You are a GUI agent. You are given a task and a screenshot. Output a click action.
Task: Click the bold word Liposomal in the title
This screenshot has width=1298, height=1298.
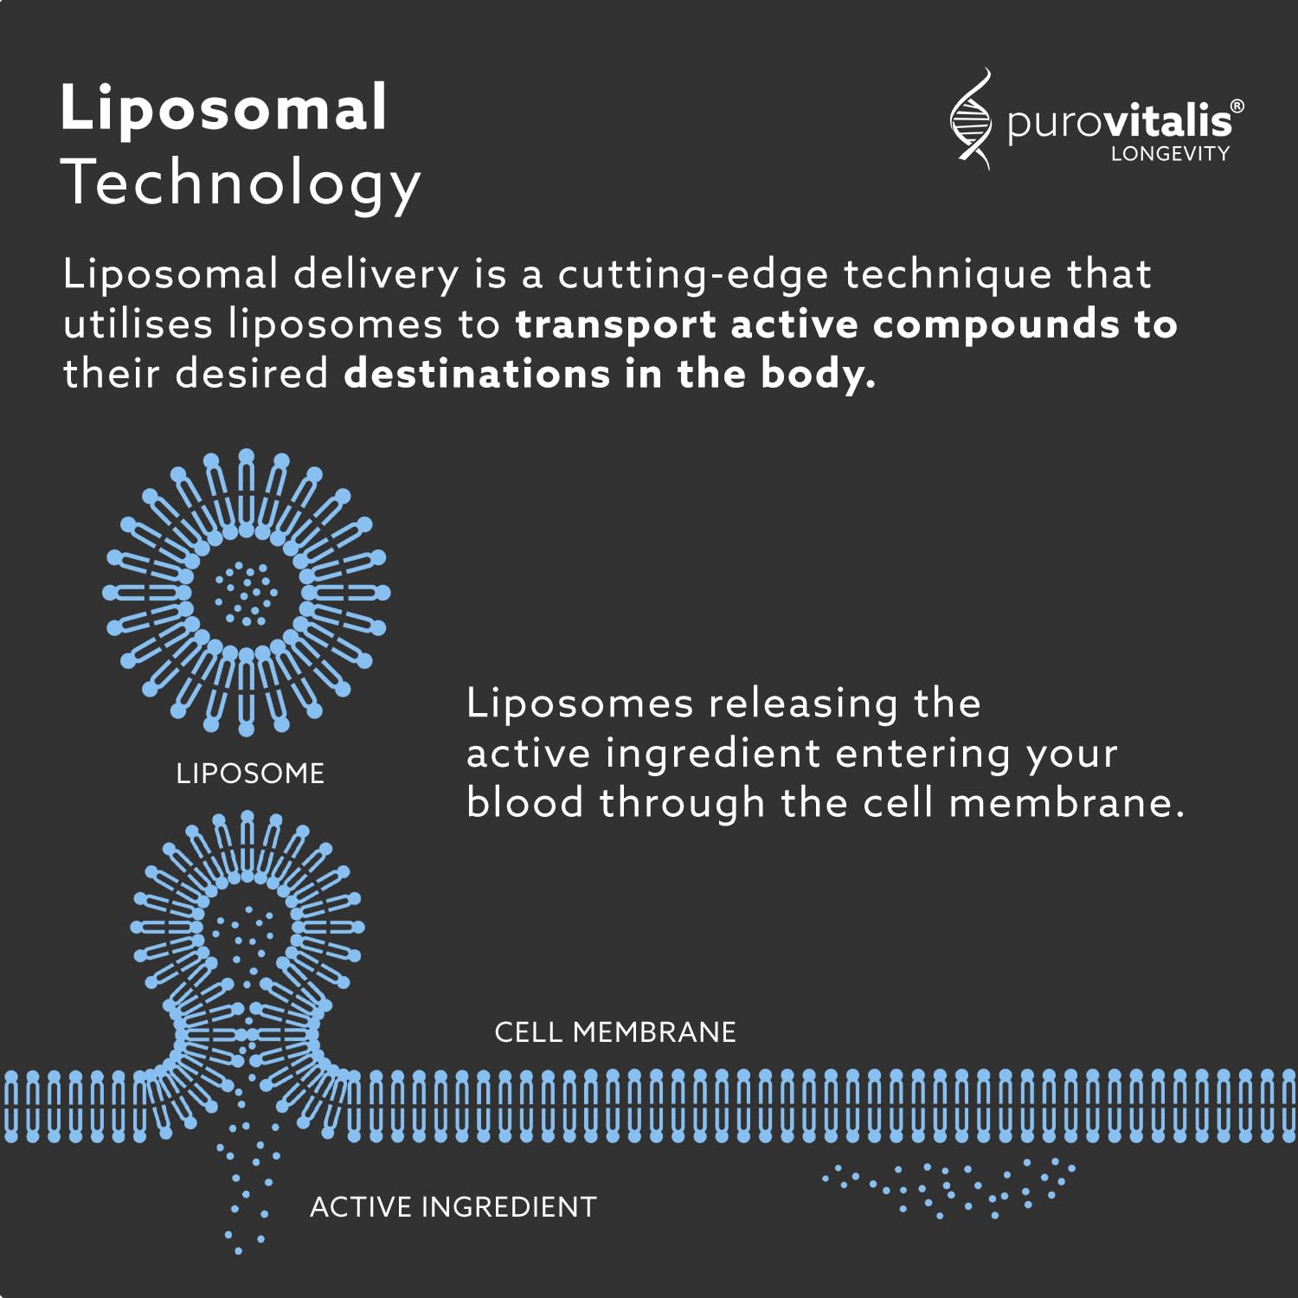point(223,109)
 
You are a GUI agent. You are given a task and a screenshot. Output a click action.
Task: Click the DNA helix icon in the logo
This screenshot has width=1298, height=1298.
point(971,119)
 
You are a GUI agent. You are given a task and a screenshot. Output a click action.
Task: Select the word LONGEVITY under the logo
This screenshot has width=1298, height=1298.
point(1170,154)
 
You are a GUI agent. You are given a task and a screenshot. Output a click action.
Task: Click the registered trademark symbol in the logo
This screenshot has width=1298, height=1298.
point(1237,106)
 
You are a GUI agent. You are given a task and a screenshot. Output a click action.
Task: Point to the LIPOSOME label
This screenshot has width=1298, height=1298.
point(250,773)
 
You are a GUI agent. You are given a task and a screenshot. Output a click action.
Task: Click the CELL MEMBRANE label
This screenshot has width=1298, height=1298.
point(615,1031)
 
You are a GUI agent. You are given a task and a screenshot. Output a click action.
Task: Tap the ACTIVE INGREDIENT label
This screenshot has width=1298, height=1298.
point(453,1206)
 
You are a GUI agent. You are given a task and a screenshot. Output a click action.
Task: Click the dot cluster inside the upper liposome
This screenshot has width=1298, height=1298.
point(246,594)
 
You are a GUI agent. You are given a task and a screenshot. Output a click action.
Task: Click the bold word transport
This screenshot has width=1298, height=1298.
point(615,325)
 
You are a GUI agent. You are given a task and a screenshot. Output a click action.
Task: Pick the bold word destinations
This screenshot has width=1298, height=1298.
point(477,374)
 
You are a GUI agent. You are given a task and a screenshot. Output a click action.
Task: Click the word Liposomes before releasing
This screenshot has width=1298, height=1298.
point(580,703)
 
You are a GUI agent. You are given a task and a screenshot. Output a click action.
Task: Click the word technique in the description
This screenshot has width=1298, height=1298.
point(948,275)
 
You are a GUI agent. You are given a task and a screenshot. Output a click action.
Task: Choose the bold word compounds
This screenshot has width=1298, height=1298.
point(996,325)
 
